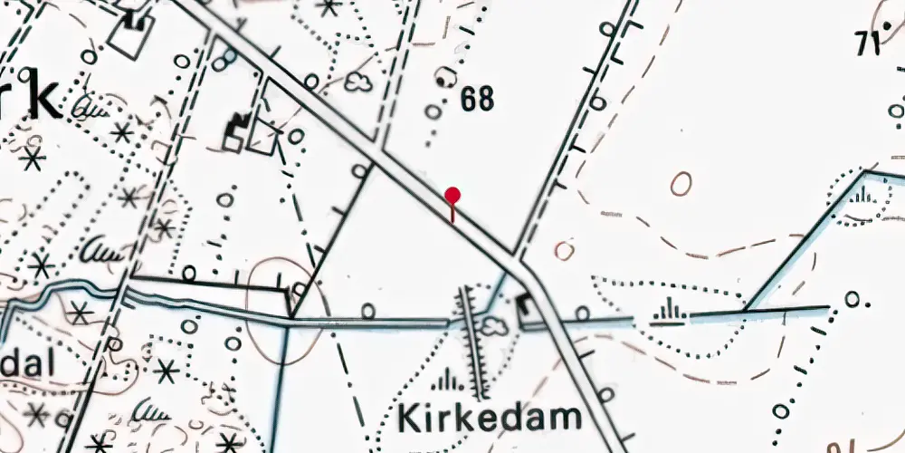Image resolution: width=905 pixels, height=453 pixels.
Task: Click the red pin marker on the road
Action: pyautogui.click(x=452, y=196)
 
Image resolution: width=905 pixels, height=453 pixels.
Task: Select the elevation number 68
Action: pyautogui.click(x=477, y=99)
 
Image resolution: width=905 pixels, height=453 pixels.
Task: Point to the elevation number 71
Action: pyautogui.click(x=869, y=43)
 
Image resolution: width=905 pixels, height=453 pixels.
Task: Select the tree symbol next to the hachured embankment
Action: pyautogui.click(x=494, y=323)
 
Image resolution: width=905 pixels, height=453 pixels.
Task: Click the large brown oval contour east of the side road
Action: pyautogui.click(x=681, y=184)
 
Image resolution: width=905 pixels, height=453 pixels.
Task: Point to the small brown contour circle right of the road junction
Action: pyautogui.click(x=565, y=250)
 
